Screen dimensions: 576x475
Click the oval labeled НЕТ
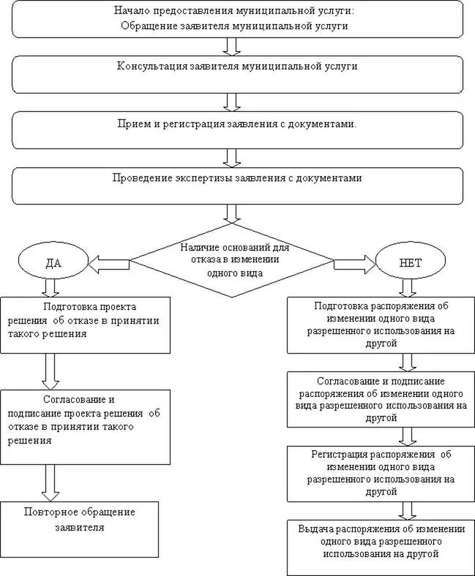410,260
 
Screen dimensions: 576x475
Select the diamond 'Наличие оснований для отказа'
231,259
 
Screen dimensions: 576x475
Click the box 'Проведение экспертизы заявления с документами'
236,186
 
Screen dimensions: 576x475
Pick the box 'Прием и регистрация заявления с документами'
236,129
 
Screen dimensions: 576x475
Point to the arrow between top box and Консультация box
232,46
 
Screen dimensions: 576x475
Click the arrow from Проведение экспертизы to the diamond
232,213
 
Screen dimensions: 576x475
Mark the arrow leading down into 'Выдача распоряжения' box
407,510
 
